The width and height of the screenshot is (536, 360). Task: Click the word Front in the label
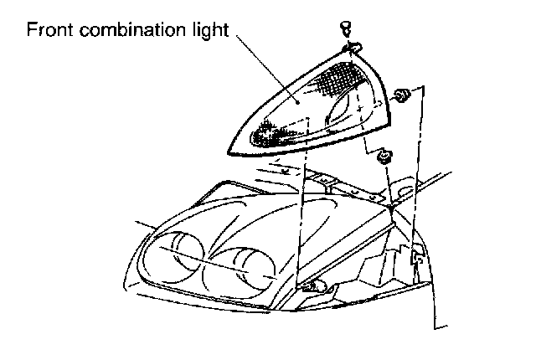pyautogui.click(x=46, y=31)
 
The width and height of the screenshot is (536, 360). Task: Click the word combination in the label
pyautogui.click(x=126, y=31)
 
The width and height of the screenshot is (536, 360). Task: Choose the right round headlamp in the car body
pyautogui.click(x=246, y=267)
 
